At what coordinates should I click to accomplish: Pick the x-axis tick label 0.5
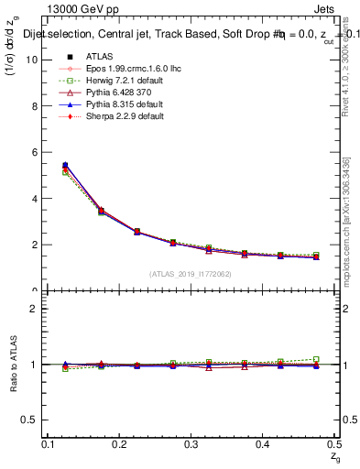click(334, 444)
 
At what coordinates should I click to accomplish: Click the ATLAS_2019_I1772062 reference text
click(190, 274)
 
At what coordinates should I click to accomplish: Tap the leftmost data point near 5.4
click(64, 166)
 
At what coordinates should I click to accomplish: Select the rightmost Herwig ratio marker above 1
click(316, 359)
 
